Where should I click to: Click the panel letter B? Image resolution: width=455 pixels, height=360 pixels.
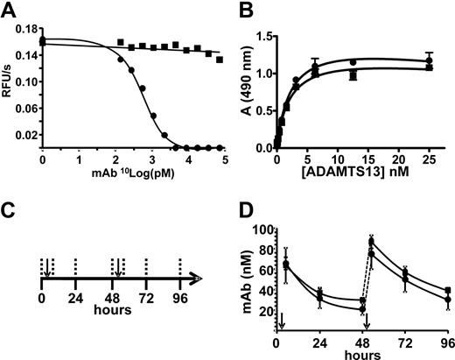pos(238,10)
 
